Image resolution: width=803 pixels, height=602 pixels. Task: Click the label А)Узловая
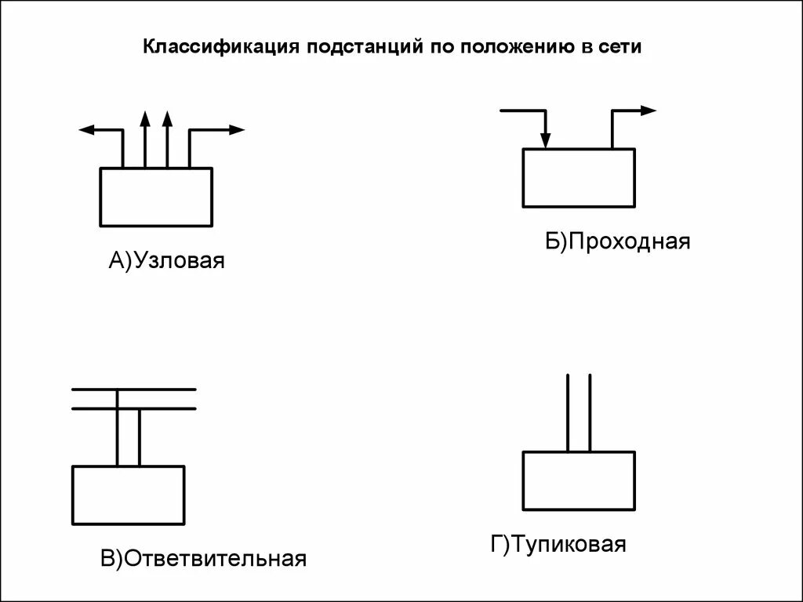tap(166, 260)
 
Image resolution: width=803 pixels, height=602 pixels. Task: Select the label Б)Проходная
tap(618, 241)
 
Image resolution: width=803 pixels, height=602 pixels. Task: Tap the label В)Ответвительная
tap(202, 559)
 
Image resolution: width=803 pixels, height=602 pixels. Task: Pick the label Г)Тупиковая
tap(558, 544)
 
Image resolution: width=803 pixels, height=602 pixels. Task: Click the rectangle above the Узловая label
tap(156, 197)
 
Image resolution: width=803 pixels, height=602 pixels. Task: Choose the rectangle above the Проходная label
tap(579, 178)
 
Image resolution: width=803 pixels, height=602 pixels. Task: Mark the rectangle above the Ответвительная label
tap(128, 495)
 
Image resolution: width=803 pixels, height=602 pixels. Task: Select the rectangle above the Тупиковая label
tap(579, 480)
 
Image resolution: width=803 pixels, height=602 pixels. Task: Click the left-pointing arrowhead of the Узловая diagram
tap(86, 130)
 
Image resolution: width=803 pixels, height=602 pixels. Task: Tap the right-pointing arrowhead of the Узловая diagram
tap(237, 130)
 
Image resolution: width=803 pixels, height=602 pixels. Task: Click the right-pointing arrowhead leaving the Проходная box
tap(648, 111)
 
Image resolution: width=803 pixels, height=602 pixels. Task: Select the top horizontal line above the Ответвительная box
tap(133, 389)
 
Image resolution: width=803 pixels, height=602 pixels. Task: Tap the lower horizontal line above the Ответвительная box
tap(133, 408)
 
